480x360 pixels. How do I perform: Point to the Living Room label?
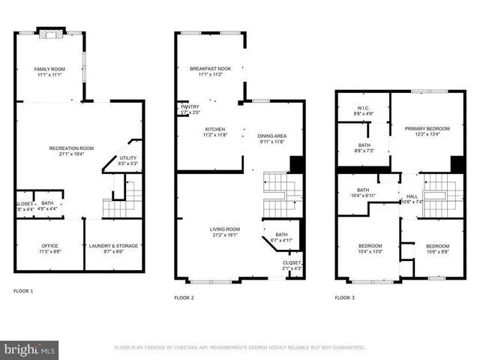(225, 232)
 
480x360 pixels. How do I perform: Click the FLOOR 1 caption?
(23, 290)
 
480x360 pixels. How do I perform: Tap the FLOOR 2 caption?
(184, 298)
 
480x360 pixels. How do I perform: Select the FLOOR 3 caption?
(344, 298)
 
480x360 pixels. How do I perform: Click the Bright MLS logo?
(30, 349)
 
